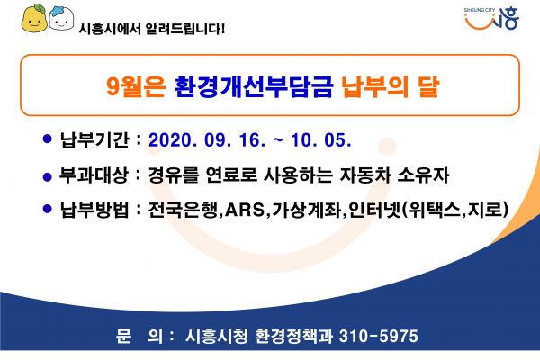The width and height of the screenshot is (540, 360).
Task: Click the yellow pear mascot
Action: click(x=34, y=18)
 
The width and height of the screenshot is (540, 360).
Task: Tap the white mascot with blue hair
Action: click(x=61, y=18)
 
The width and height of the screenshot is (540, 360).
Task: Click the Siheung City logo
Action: click(x=491, y=18)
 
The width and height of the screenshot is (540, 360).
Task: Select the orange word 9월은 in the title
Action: click(x=136, y=85)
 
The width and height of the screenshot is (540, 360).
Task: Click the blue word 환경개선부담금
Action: click(x=254, y=85)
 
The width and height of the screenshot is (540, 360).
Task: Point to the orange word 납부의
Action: click(x=374, y=85)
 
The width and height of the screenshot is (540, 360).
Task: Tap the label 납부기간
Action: click(x=94, y=139)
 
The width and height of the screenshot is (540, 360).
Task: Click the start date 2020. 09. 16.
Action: click(x=207, y=140)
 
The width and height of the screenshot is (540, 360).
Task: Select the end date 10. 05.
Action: click(x=321, y=140)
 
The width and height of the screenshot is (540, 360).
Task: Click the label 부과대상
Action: click(x=94, y=175)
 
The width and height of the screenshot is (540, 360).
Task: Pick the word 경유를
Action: click(x=174, y=175)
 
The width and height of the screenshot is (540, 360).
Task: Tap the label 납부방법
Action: click(x=94, y=209)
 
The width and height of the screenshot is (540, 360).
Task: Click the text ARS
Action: click(x=245, y=210)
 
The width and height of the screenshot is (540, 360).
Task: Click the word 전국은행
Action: click(x=183, y=209)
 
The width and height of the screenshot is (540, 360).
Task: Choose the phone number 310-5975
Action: click(x=379, y=336)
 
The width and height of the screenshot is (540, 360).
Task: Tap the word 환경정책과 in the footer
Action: click(x=293, y=336)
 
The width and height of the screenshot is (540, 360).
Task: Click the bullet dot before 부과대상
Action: click(x=47, y=176)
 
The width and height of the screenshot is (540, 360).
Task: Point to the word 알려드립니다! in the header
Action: click(x=184, y=28)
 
